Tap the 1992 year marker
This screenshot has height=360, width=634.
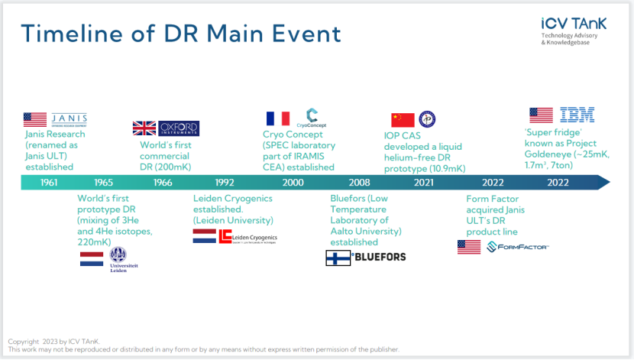[225, 183]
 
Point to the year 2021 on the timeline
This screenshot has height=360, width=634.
[424, 183]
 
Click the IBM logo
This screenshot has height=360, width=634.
[577, 115]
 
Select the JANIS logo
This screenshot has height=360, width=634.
[69, 119]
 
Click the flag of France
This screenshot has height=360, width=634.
[278, 118]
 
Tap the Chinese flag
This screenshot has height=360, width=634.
[403, 120]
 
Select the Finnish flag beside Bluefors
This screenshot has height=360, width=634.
[337, 258]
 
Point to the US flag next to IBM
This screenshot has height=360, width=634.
[541, 115]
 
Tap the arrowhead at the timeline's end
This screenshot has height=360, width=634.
[603, 183]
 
